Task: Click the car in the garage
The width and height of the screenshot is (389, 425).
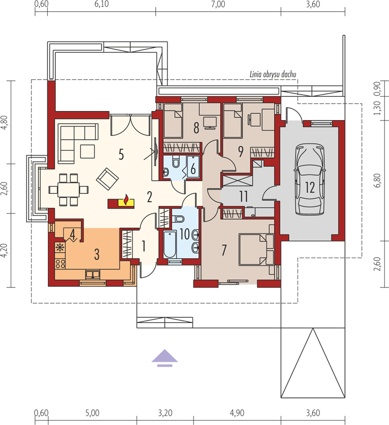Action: coord(310,180)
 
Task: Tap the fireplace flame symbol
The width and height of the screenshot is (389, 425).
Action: coord(126,200)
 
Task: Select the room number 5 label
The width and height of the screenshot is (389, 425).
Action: coord(121,155)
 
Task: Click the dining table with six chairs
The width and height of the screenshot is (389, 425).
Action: coord(69,190)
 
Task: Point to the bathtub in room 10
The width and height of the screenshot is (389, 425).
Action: coord(170,245)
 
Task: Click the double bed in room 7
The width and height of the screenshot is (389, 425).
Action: coord(257,250)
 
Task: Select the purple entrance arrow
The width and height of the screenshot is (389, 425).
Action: coord(165,358)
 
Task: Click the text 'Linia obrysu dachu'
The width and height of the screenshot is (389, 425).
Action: coord(273,74)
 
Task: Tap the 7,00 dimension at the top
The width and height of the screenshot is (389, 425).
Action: coord(218,4)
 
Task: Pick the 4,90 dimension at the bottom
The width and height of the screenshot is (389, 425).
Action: coord(237,413)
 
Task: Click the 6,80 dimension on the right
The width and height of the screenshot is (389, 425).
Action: coord(377,180)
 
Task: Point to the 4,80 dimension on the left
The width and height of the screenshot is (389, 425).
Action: coord(5,123)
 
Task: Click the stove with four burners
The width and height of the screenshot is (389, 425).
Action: coord(60,263)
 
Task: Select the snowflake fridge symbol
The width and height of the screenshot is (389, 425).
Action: coord(60,248)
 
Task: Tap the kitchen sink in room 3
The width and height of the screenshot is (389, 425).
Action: coord(92,275)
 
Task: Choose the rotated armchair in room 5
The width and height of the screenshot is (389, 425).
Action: coord(107,179)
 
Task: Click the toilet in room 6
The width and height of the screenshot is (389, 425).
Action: coord(176,162)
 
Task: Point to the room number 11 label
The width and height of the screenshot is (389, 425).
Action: coord(243,197)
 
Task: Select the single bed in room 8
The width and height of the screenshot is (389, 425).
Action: coord(173,121)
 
